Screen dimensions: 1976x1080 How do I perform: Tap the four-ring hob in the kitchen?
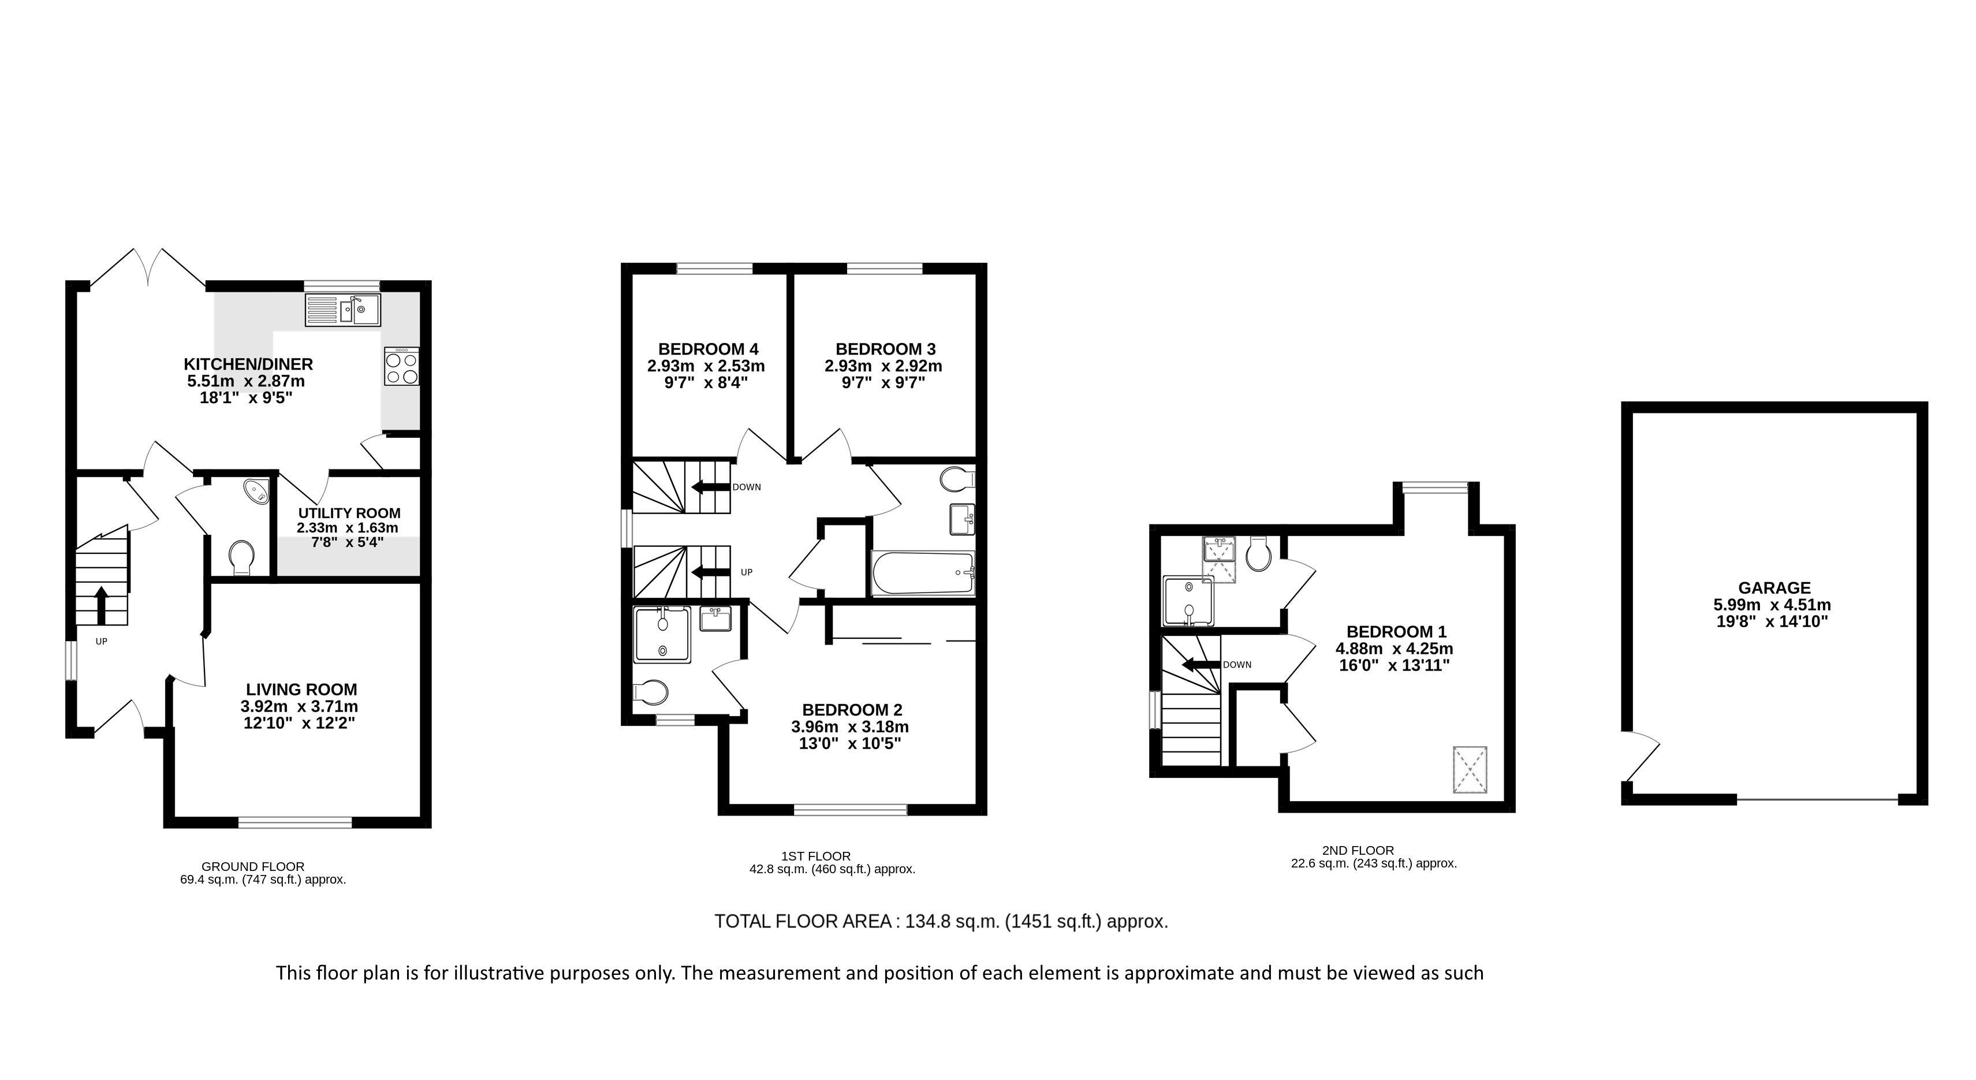[x=402, y=367]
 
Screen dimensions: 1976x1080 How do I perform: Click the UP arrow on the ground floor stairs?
[x=100, y=605]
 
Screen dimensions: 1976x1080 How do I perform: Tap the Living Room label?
[x=301, y=690]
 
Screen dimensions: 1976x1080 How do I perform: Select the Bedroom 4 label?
[x=708, y=350]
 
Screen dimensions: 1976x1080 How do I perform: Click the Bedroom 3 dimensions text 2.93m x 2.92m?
[x=883, y=367]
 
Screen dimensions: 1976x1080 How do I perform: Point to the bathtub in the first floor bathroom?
[x=923, y=573]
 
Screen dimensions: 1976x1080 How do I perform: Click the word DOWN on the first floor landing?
[x=747, y=487]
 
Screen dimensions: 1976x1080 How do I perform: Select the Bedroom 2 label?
[x=852, y=710]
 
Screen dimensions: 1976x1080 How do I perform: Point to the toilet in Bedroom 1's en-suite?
[x=1259, y=554]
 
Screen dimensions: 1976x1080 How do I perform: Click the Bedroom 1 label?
[x=1396, y=631]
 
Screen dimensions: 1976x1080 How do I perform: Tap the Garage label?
[x=1774, y=587]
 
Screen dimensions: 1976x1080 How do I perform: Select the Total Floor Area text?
[x=941, y=921]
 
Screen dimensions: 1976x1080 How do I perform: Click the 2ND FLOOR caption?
[x=1358, y=850]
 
